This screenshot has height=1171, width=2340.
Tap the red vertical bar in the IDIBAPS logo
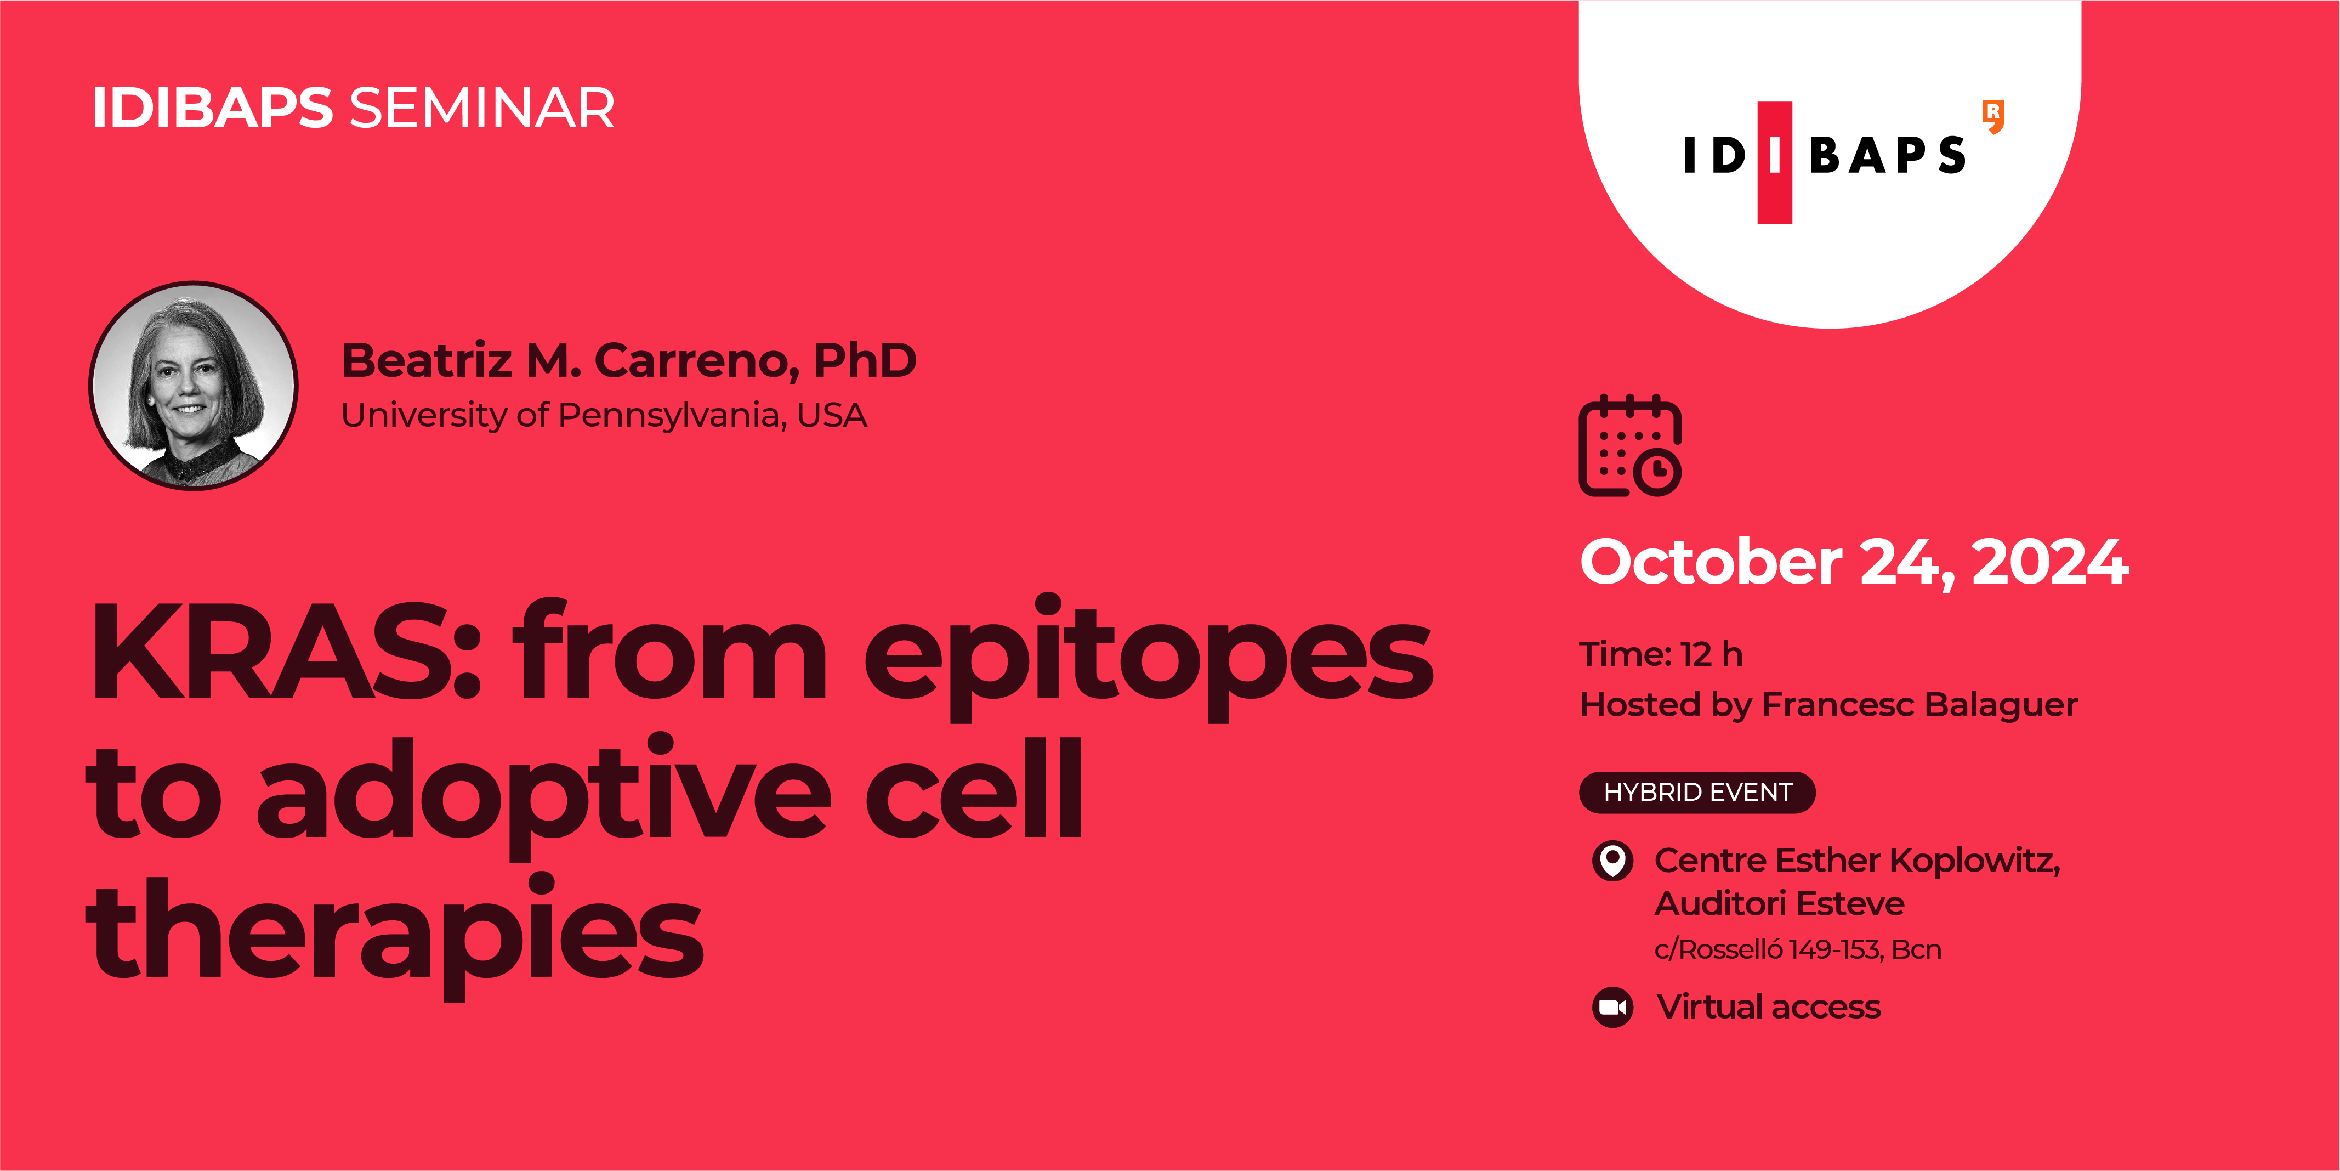pos(1774,162)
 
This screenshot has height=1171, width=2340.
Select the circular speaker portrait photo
pos(194,386)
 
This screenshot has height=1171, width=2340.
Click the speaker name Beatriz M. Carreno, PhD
pos(629,361)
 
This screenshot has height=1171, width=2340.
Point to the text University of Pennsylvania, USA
pos(603,415)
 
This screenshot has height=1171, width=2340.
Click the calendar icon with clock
pos(1629,446)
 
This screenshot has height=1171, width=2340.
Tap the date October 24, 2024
pos(1853,562)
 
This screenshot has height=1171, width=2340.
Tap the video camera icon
pos(1612,1006)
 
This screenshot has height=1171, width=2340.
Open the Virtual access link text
pos(1768,1006)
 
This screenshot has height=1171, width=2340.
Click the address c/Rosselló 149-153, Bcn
pos(1797,949)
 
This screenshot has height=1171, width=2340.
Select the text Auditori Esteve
pos(1779,904)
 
